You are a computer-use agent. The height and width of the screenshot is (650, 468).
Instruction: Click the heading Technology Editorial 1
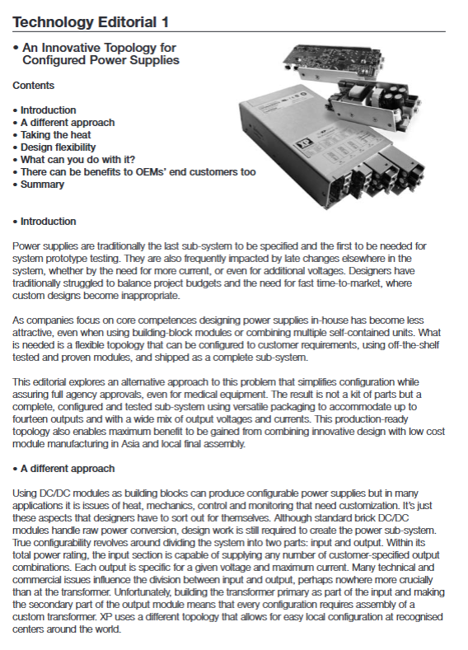(x=91, y=22)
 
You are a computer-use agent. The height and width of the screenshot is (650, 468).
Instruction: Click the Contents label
(x=33, y=86)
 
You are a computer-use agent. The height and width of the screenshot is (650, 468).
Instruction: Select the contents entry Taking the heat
(x=55, y=135)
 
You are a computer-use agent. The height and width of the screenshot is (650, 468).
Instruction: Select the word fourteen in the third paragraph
(x=29, y=419)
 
